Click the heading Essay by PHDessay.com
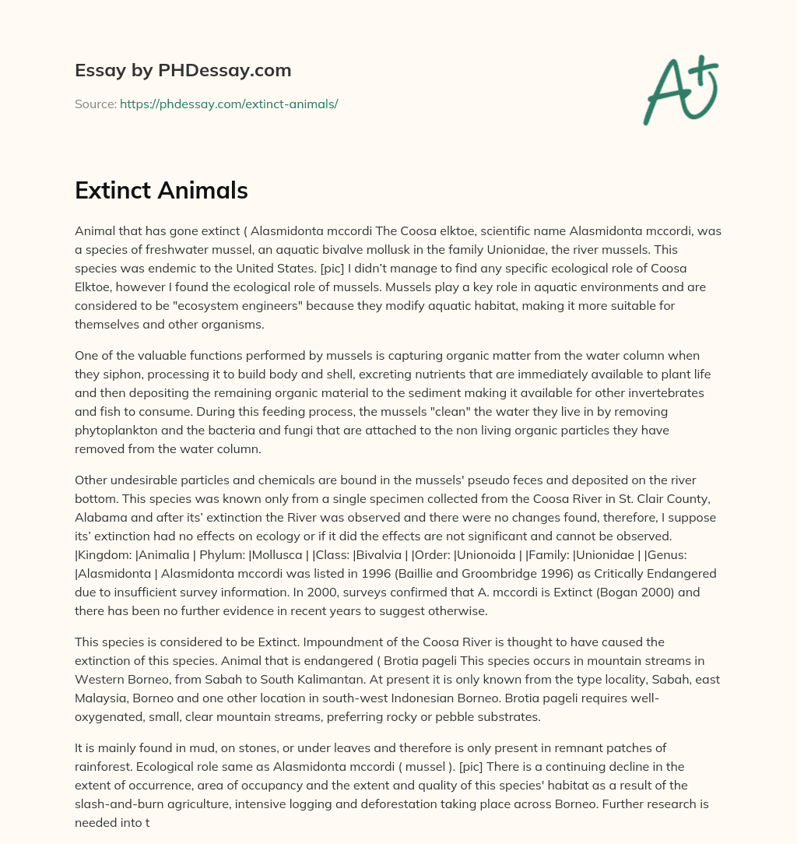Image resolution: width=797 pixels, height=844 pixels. click(x=183, y=71)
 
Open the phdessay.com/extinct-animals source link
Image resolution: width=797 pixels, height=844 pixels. click(x=229, y=104)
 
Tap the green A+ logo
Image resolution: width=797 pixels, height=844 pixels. click(x=679, y=90)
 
